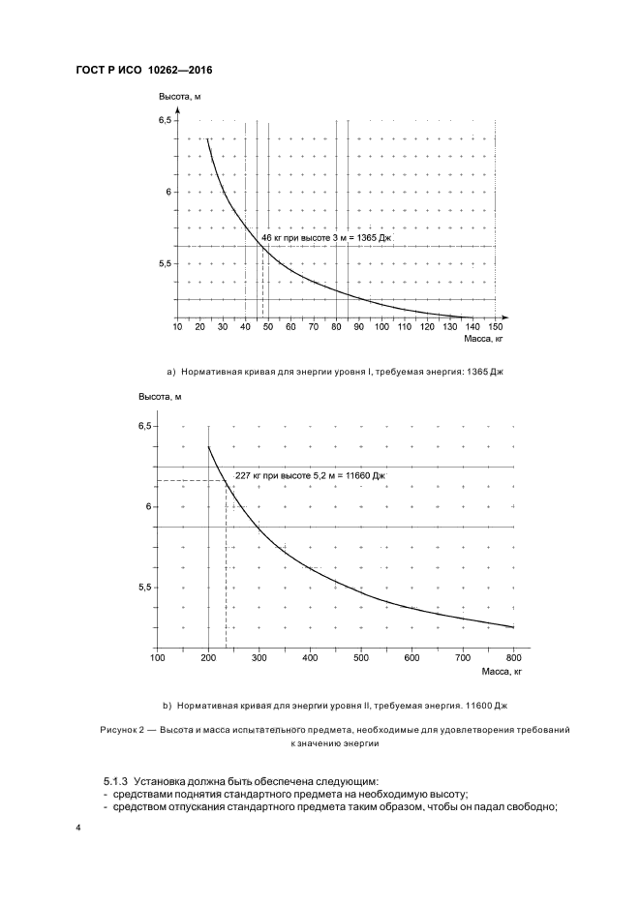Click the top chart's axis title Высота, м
click(179, 96)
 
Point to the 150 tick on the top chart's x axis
click(496, 327)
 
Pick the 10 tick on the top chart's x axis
click(177, 327)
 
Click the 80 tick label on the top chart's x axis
click(336, 327)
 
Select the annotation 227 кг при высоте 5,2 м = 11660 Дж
click(310, 475)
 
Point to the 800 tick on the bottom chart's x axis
click(513, 658)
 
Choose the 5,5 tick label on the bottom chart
click(145, 588)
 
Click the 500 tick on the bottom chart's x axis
click(360, 658)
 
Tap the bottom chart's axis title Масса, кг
click(503, 671)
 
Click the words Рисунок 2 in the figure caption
click(120, 729)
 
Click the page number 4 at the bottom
click(77, 830)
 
